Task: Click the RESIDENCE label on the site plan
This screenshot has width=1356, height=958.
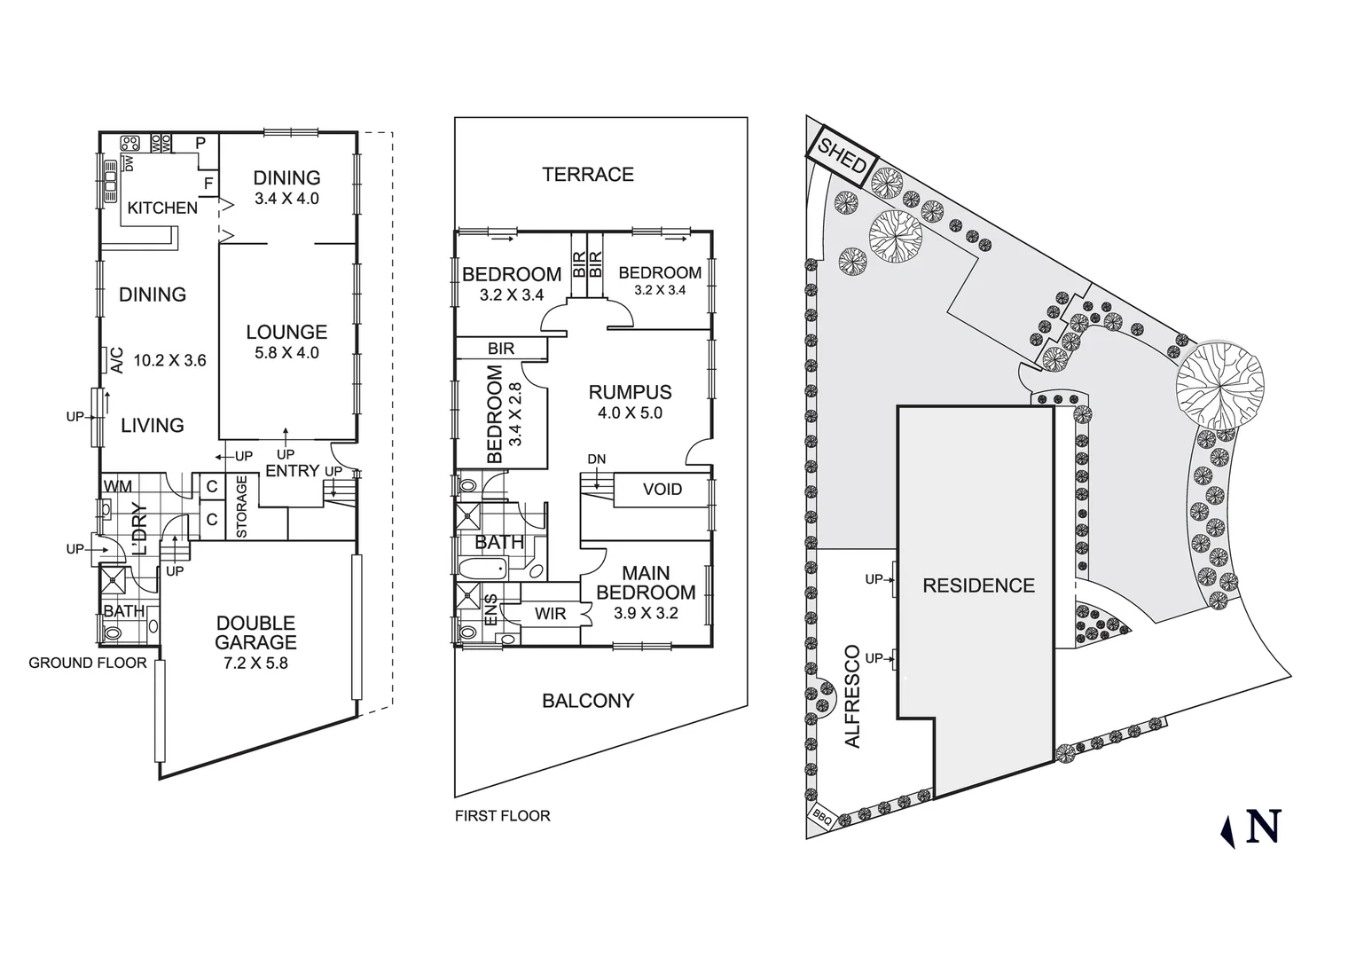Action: pos(978,585)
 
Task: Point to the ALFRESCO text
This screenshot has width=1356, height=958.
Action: pos(853,696)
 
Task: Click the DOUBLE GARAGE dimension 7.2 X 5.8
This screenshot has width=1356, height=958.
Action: pos(255,663)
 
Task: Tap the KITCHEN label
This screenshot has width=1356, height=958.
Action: pos(162,208)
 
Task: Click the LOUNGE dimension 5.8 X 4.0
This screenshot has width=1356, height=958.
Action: pos(286,353)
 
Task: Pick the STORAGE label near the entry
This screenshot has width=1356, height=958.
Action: pos(242,506)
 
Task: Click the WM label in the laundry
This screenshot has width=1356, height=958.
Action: pos(118,487)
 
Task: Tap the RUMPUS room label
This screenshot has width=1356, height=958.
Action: pos(630,392)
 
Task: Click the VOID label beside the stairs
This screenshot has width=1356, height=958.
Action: pos(662,490)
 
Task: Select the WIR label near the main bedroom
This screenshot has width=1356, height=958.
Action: pos(550,613)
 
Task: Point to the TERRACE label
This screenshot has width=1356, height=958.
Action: pos(588,175)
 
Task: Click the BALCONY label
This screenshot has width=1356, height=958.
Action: pos(588,701)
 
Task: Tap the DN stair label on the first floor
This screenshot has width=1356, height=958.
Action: pos(597,459)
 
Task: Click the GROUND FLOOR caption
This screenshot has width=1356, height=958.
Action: pos(88,663)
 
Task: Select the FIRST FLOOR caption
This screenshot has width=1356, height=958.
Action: pos(502,816)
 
